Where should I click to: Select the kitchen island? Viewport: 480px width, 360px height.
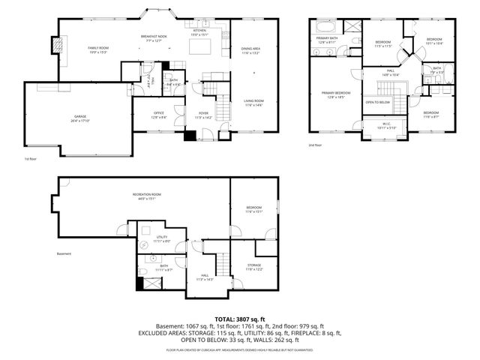(199, 48)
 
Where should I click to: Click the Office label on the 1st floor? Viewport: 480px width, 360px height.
(159, 113)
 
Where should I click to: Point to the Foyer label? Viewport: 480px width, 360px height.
(203, 114)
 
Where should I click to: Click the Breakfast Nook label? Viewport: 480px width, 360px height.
(153, 37)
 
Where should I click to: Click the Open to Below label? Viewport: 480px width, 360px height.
(377, 102)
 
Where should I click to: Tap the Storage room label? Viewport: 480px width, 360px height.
(254, 266)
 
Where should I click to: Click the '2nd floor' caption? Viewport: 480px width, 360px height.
(315, 145)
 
